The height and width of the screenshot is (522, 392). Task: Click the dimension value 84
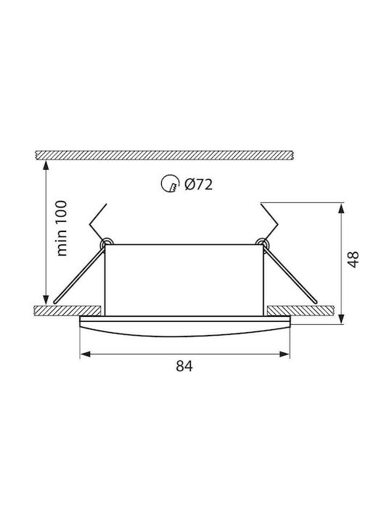click(184, 366)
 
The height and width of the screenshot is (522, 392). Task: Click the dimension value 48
click(353, 259)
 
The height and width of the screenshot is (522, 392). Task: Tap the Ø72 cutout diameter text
click(199, 184)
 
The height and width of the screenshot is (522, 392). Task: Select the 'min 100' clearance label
click(62, 228)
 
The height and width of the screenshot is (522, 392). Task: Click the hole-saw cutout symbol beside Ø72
click(168, 183)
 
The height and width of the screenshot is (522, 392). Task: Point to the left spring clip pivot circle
click(107, 242)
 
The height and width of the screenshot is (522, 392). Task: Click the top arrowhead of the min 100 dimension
click(46, 165)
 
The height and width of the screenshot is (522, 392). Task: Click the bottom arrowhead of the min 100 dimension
click(46, 299)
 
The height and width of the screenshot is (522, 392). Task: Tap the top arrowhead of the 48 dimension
click(341, 208)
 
